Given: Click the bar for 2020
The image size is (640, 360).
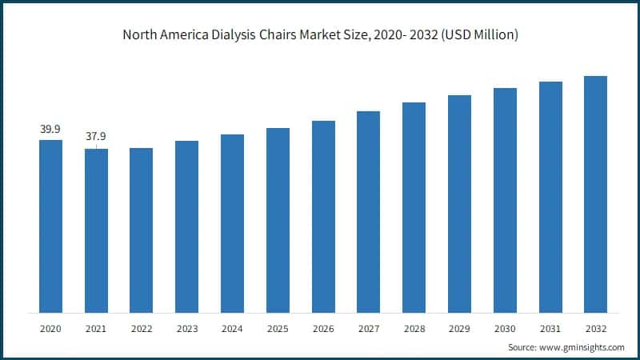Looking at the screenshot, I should tap(50, 226).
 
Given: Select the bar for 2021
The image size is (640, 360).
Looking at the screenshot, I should tap(96, 230).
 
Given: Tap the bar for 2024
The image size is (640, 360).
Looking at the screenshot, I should tap(232, 223).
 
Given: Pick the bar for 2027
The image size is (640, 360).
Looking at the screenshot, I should tap(368, 212).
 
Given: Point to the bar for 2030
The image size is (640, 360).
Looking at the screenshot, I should tap(505, 200).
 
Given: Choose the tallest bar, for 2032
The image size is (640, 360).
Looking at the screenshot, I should tap(595, 194).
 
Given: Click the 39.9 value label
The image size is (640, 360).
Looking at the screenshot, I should tap(50, 129).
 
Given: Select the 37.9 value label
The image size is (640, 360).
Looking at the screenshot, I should tap(96, 137).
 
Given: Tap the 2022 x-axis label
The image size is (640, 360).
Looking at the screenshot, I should tap(142, 329).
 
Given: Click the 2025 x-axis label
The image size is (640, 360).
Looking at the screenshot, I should tap(278, 329).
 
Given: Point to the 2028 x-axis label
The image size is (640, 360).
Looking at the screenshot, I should tap(414, 329).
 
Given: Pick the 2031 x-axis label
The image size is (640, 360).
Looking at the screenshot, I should tap(550, 329).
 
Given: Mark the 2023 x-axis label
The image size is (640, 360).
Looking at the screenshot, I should tap(186, 329).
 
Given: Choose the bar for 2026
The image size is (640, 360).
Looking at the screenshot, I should tap(323, 217).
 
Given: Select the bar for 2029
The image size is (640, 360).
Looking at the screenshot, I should tap(459, 204).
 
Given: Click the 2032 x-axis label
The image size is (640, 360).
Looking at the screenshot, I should tap(595, 329).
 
